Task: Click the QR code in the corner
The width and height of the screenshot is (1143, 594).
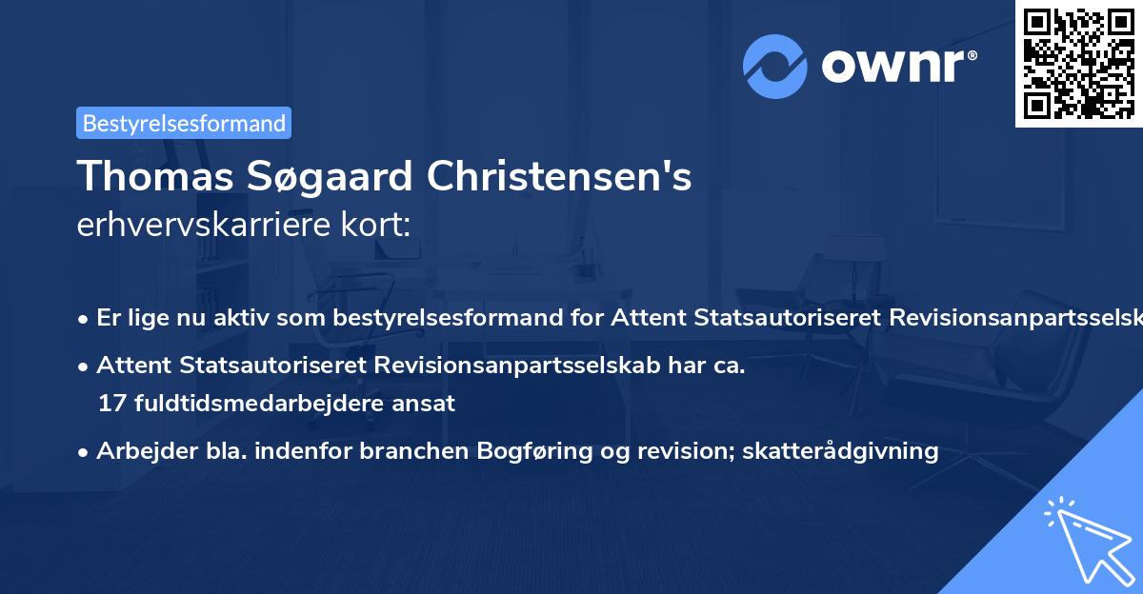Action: pos(1079,63)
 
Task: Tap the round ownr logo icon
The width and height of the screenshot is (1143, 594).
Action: pos(775,66)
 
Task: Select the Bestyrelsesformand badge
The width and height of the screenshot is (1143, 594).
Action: pos(184,123)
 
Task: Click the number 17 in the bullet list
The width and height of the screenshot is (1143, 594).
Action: pos(110,404)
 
